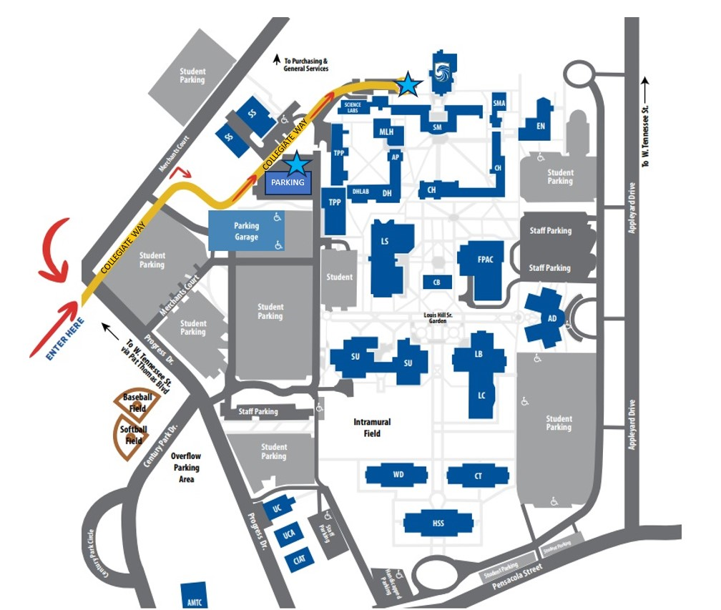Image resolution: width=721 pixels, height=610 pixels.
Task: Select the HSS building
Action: (438, 523)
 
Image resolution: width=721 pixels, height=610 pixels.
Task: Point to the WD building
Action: (398, 475)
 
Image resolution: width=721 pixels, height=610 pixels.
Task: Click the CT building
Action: (478, 476)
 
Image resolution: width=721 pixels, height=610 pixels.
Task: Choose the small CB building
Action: (436, 282)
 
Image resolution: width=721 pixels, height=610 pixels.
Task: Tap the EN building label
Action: (541, 126)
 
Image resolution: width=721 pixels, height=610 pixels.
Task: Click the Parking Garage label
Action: (246, 231)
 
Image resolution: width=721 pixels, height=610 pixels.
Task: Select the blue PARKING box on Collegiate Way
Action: (288, 182)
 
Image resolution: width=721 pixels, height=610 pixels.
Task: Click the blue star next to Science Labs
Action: (408, 84)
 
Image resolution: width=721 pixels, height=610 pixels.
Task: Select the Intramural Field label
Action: (372, 428)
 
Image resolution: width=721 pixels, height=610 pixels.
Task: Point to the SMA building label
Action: (499, 104)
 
